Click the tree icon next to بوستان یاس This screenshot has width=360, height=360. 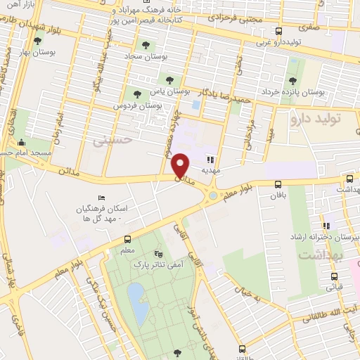pos(169,77)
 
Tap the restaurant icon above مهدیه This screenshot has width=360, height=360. pos(210,159)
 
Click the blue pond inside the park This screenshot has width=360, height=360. pos(138,300)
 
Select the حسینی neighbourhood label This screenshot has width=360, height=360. pos(112,140)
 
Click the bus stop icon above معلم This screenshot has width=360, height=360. pos(127,239)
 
